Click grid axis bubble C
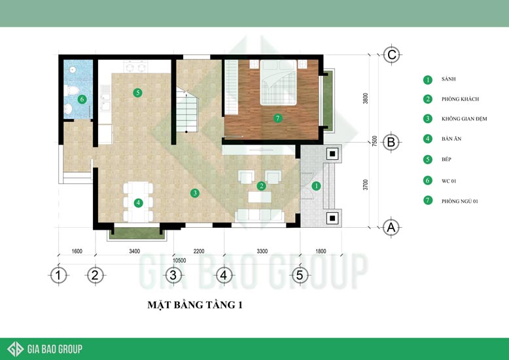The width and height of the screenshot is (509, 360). point(391,54)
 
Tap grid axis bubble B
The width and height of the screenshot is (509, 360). point(391,142)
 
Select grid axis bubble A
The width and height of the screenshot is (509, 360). point(391,227)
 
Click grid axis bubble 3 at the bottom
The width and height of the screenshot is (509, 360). point(173,275)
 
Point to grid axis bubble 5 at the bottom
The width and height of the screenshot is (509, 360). point(300,275)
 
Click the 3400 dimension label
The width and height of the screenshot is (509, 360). point(134,251)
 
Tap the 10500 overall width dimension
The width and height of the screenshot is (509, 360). point(179,261)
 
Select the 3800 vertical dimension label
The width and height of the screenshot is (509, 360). point(366,98)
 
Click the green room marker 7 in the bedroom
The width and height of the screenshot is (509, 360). point(277,118)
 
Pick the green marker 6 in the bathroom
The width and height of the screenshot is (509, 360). point(82,99)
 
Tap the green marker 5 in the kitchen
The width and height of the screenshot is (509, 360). point(137,92)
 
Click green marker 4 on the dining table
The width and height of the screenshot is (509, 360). point(138,203)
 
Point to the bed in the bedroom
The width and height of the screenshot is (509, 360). point(279,82)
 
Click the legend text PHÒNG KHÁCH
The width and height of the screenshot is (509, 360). point(460,99)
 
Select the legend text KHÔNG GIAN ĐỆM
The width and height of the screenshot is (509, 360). point(465,119)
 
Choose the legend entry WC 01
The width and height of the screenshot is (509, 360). point(449,181)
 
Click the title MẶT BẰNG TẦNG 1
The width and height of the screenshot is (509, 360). point(195,305)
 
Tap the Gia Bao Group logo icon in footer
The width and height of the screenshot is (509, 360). point(16,349)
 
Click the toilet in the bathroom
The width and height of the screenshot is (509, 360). point(71,90)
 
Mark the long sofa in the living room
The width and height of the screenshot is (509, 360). point(259,215)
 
